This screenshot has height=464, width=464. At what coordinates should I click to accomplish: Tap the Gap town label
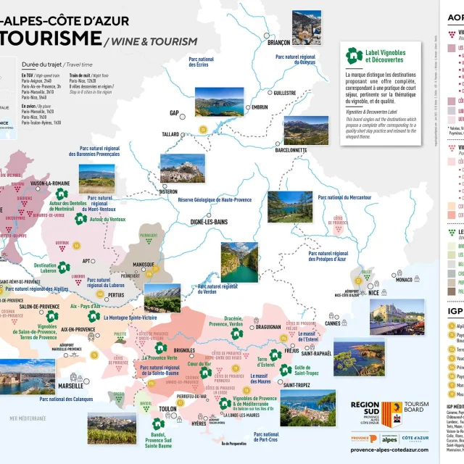pyautogui.click(x=174, y=114)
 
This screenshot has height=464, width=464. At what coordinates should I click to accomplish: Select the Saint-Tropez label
pyautogui.click(x=297, y=385)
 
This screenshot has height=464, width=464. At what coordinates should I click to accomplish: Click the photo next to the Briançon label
pyautogui.click(x=307, y=26)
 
